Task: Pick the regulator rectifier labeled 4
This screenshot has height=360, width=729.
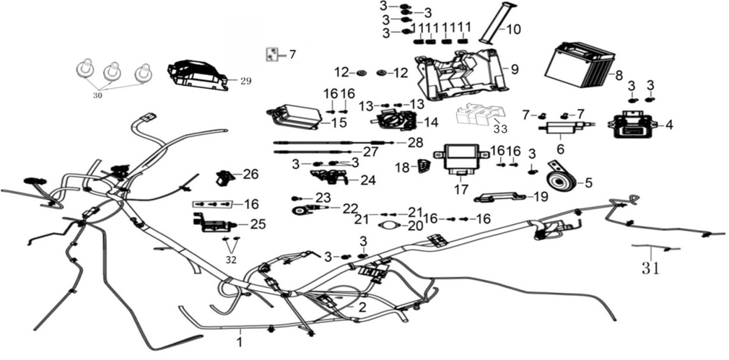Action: pos(635,126)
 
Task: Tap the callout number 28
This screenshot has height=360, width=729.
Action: pos(414,141)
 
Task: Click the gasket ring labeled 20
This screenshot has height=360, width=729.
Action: pos(391,226)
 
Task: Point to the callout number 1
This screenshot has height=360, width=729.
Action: pos(240,334)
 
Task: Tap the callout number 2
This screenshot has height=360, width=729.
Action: pos(362,307)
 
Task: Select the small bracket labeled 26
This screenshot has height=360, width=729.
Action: pos(225,176)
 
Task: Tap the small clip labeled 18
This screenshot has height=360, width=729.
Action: pos(423,167)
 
